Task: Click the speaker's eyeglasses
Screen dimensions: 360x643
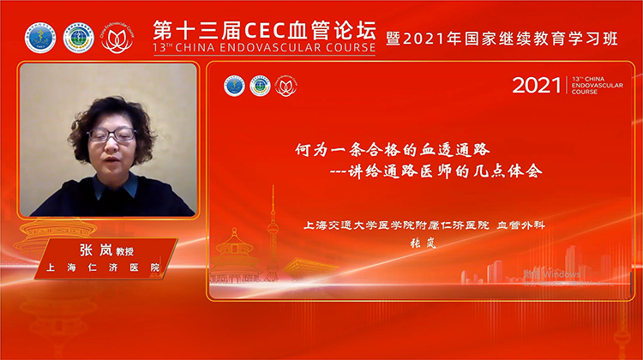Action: pos(112,135)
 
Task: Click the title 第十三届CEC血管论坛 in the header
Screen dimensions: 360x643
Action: pos(264,28)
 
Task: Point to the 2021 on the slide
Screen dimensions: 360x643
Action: pos(535,86)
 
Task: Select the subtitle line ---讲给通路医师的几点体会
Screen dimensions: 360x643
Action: pos(436,170)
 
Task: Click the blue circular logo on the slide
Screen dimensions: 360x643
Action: pos(234,86)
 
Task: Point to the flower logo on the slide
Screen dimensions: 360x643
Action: pos(285,86)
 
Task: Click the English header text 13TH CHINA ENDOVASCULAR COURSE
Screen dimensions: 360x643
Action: pos(264,49)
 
